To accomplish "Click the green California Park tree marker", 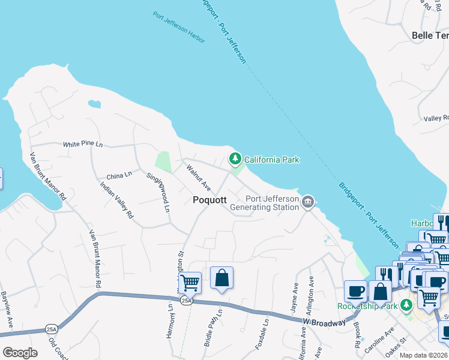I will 235,159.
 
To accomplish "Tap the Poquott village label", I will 209,200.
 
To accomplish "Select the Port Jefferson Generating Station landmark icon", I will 308,201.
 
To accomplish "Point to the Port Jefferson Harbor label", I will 179,28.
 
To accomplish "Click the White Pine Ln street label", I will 83,145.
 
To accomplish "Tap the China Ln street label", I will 119,175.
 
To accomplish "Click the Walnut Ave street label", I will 198,176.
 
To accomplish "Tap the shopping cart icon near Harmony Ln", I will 190,281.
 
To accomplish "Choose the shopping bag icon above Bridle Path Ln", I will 221,278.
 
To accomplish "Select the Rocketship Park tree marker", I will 407,305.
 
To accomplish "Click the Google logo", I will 20,353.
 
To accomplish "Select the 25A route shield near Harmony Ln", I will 187,301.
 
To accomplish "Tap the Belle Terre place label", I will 430,35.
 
